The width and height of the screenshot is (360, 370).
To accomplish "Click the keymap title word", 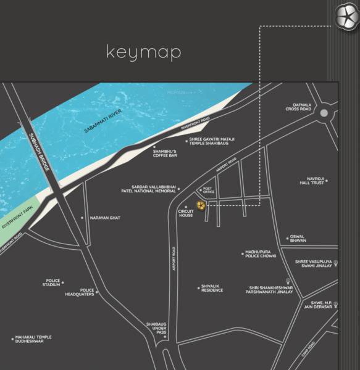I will pos(144,52).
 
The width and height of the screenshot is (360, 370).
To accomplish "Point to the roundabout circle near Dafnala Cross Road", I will pos(324,113).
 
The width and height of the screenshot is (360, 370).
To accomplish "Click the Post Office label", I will pos(208,192).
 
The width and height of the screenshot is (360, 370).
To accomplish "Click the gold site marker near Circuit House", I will pos(200,205).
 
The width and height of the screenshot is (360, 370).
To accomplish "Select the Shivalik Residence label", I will pos(212,287).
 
